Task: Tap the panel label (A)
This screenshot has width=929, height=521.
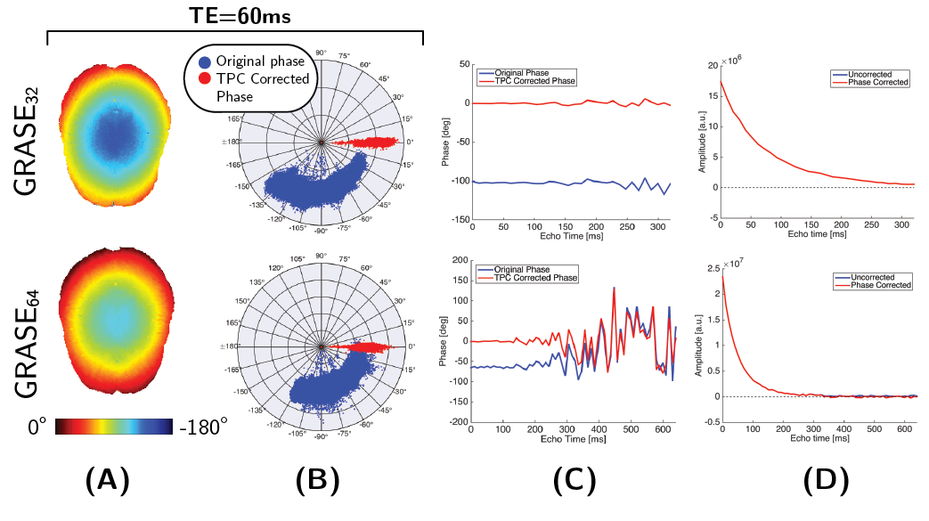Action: (x=107, y=481)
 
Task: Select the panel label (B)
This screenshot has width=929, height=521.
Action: (x=318, y=481)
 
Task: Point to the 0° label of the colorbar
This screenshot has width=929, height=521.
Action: (x=36, y=427)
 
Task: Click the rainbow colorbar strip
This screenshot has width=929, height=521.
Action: (x=116, y=427)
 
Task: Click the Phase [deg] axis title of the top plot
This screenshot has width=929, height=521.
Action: (x=445, y=142)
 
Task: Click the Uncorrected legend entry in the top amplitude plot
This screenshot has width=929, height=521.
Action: (x=883, y=74)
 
